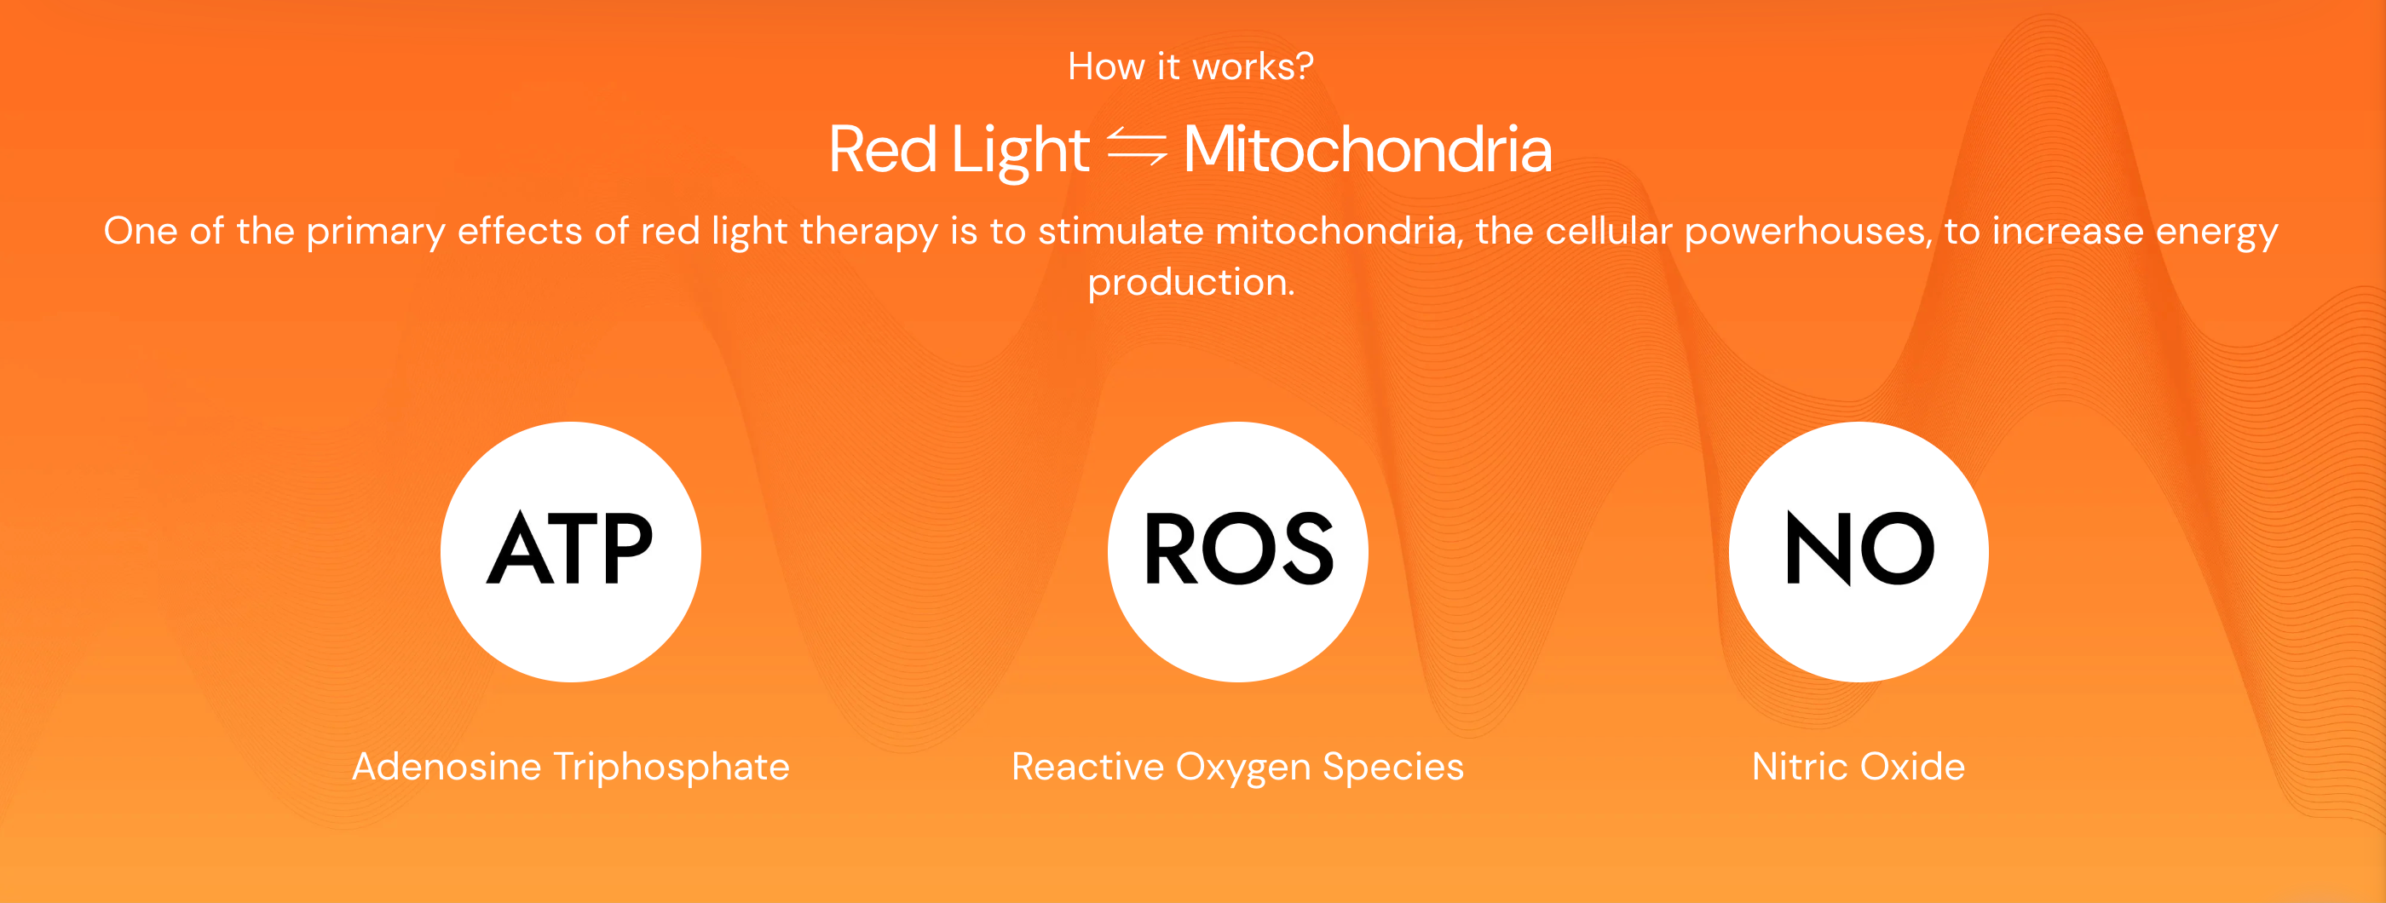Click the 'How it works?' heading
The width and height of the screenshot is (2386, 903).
(1190, 66)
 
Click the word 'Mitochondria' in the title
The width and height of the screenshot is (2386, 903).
(1367, 149)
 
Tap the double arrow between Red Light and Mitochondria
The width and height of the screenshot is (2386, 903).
(1137, 147)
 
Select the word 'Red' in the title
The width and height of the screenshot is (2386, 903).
(883, 149)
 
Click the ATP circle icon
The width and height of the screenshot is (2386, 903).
(571, 552)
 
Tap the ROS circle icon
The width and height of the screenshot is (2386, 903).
(1237, 552)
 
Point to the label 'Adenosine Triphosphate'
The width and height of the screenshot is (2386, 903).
(571, 767)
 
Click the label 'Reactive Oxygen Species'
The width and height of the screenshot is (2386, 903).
(1237, 768)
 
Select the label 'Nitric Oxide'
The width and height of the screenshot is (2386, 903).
(1858, 766)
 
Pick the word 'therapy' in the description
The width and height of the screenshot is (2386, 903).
(867, 233)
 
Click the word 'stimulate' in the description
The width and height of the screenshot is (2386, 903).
(1120, 231)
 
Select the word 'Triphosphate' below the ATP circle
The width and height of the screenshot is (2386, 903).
(671, 768)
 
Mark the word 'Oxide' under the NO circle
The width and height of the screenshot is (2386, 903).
(1913, 766)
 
